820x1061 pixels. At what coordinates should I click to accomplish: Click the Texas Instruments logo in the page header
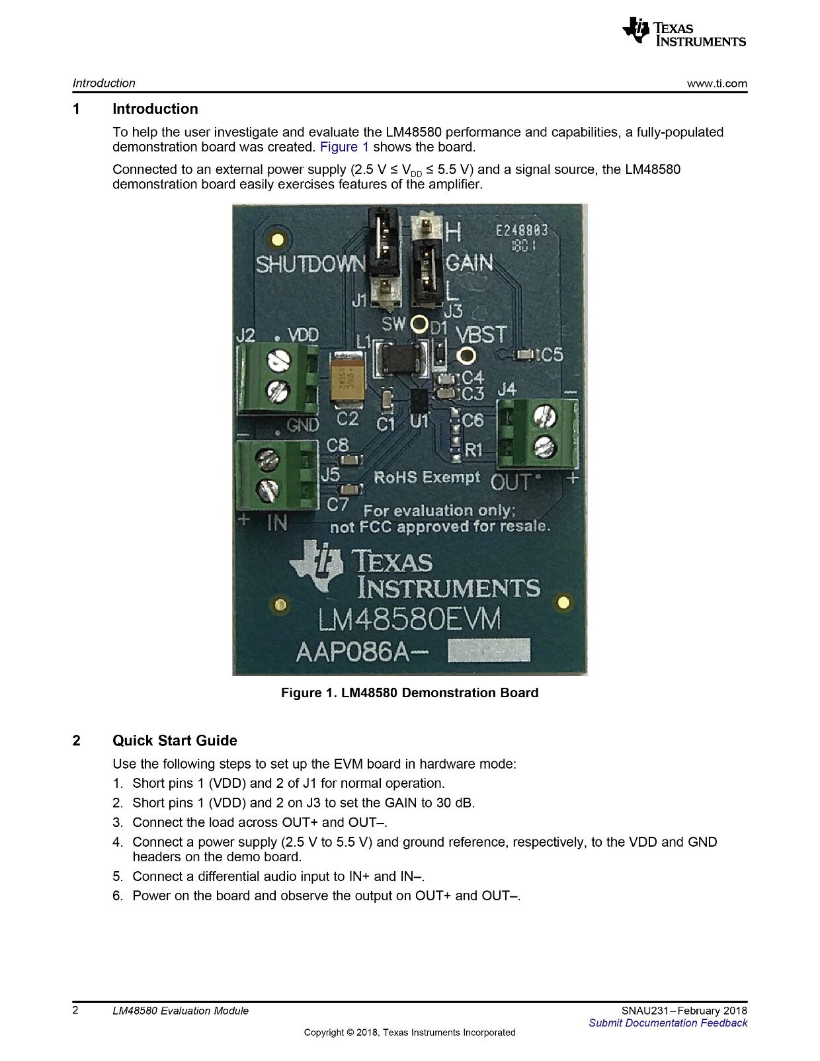(x=684, y=32)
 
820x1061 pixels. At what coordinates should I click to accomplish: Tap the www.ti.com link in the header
(x=717, y=83)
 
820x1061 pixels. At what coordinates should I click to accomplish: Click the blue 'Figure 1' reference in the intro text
(x=344, y=147)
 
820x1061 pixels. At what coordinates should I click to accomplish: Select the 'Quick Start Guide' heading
(x=175, y=740)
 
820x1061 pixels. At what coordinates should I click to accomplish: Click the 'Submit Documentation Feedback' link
(x=668, y=1023)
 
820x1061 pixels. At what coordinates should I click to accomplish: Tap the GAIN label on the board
(x=469, y=263)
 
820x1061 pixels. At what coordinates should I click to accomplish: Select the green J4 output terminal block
(x=538, y=433)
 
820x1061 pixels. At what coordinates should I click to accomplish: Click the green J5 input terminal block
(x=276, y=474)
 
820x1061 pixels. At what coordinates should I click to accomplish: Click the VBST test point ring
(x=466, y=355)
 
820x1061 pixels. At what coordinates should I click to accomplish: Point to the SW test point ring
(x=419, y=323)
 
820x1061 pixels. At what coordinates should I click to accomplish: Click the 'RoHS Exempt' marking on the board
(x=427, y=477)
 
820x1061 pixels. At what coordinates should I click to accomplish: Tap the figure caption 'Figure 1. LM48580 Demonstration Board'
(x=409, y=693)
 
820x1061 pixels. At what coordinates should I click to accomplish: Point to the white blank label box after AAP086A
(x=489, y=651)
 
